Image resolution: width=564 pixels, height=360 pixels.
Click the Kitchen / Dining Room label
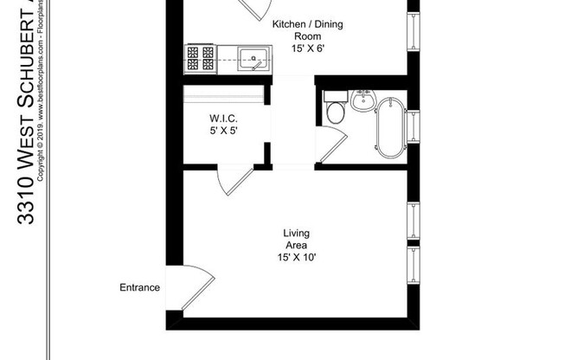[307, 30]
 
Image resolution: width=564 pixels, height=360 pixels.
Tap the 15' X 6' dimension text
[308, 49]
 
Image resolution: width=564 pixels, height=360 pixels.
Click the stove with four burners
[201, 58]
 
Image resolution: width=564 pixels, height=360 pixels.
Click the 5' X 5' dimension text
[222, 131]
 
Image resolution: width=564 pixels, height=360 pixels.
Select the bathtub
[390, 128]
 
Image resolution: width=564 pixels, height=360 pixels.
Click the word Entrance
[139, 287]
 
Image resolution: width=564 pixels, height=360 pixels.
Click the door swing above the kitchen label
[255, 8]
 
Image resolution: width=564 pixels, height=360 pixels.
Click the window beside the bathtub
[413, 126]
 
